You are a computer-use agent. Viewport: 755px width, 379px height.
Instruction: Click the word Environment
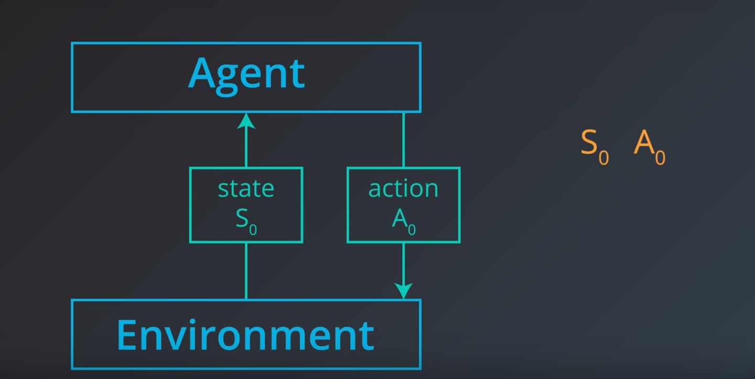point(245,334)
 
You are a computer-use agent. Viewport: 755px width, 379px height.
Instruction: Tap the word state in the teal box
point(246,189)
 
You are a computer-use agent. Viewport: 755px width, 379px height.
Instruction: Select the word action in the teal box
point(403,189)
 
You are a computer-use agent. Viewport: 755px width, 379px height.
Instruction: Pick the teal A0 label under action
point(403,221)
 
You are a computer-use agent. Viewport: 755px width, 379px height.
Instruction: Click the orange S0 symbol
point(595,144)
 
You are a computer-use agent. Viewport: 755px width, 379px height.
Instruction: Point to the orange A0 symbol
point(649,144)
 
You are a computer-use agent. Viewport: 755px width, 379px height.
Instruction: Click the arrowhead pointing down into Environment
point(403,290)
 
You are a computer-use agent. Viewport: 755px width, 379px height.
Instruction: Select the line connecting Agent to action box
point(403,139)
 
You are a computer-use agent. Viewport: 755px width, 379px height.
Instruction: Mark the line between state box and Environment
point(246,270)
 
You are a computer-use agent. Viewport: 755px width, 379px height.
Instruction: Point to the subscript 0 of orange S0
point(604,157)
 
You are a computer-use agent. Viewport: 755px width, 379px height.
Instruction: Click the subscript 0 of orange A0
point(660,157)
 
